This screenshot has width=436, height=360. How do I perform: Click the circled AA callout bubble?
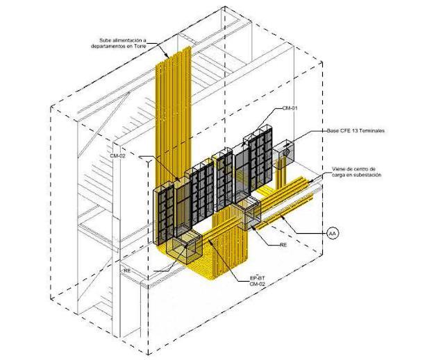click(x=333, y=234)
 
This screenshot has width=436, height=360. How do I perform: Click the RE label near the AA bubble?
click(x=283, y=245)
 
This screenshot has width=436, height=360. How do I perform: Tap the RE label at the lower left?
click(x=127, y=269)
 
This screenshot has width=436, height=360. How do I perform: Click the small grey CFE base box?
click(x=285, y=151)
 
